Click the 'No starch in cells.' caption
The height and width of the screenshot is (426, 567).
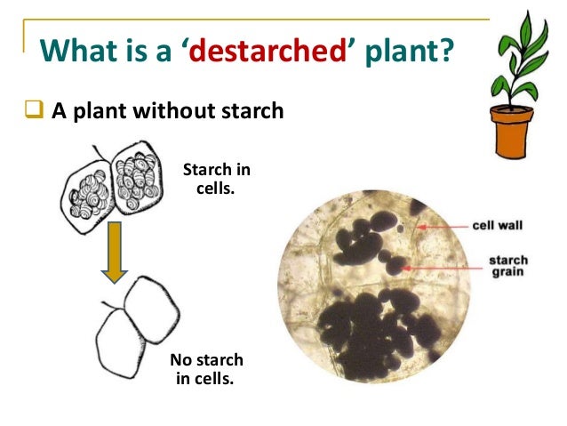pyautogui.click(x=206, y=369)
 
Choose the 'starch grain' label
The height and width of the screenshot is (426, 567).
pyautogui.click(x=507, y=267)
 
